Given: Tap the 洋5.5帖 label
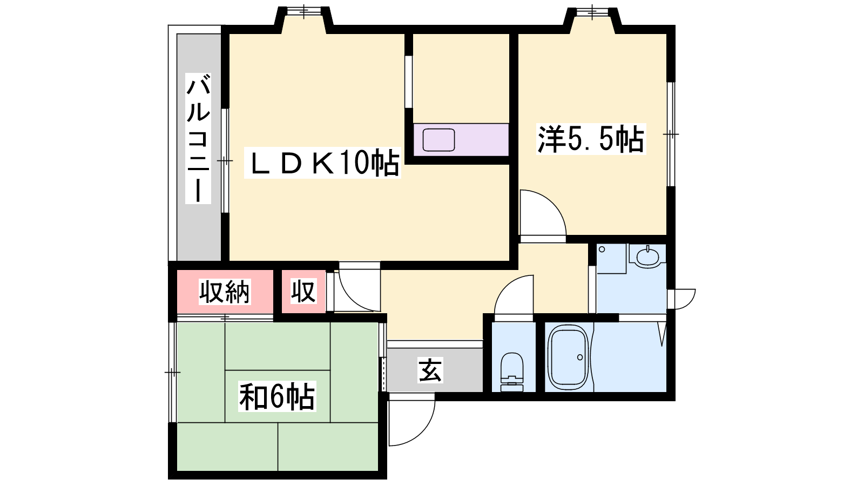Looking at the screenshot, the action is tap(591, 139).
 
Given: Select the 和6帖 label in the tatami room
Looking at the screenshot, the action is tap(277, 396).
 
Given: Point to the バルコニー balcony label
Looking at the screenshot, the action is tap(198, 138).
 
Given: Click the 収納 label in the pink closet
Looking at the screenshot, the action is tap(225, 292).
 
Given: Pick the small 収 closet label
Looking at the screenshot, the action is tap(303, 292).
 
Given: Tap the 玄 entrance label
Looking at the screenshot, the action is tap(430, 370).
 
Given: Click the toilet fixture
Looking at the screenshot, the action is tap(512, 372).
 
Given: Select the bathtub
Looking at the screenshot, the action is tap(569, 357).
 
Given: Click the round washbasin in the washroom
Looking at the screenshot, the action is tap(648, 256).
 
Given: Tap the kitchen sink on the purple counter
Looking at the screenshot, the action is tap(438, 140).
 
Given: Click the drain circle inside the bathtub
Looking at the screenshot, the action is tap(580, 357).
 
